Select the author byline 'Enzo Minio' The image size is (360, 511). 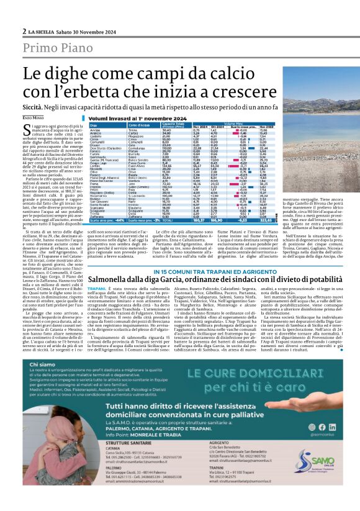[x=34, y=117]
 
